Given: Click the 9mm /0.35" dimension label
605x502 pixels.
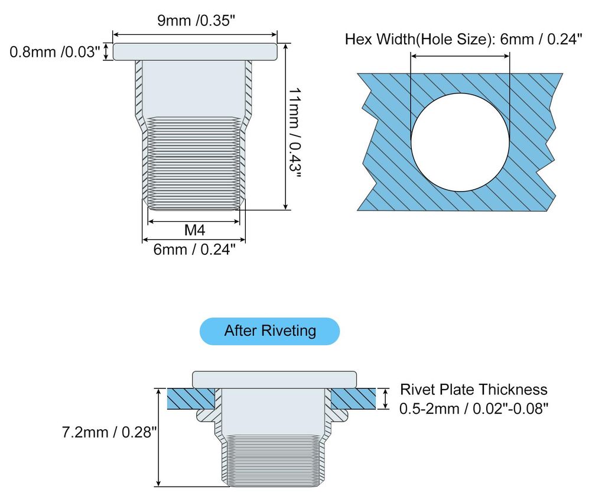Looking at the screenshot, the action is point(196,21).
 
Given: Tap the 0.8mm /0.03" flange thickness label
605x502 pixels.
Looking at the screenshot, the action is point(55,52).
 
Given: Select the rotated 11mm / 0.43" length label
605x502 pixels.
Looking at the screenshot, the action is point(295,132).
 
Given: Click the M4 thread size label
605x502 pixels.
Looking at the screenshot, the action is point(194,230).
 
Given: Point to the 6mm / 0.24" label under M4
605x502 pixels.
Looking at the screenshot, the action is point(194,250).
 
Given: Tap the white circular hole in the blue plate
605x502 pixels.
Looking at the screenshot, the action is point(460,142).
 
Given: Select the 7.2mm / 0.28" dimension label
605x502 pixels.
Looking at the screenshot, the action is point(109,432).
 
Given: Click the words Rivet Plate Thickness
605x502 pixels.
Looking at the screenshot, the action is point(473,389).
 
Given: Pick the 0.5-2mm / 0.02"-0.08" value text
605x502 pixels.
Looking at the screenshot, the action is point(473,409).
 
